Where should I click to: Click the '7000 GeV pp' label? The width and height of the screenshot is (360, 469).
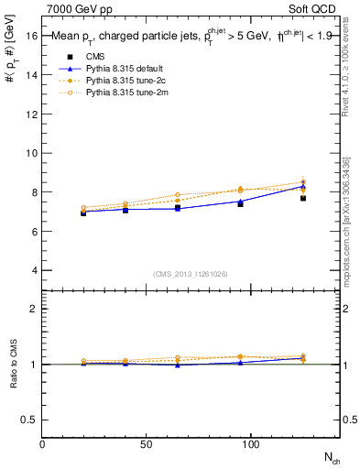click(x=76, y=7)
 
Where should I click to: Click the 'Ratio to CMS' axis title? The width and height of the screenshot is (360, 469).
click(x=13, y=379)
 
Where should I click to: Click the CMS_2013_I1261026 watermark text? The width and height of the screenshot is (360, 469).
click(x=191, y=274)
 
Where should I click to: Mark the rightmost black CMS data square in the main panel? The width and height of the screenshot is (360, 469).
click(x=303, y=198)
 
